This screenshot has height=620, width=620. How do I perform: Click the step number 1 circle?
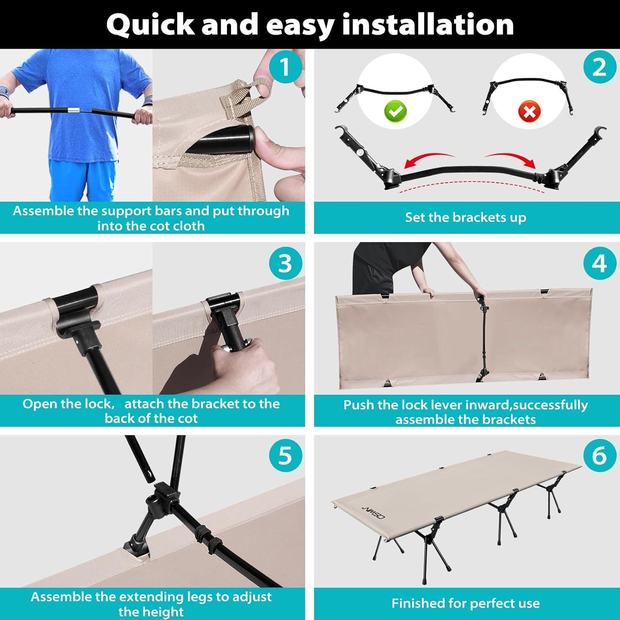(x=285, y=67)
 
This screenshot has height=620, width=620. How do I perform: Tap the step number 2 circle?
(x=599, y=67)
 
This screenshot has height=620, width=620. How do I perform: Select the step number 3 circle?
(x=285, y=263)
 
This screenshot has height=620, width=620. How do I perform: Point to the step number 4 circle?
(x=599, y=263)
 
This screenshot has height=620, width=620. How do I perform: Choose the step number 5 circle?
(x=285, y=455)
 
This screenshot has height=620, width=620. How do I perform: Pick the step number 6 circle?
(x=599, y=455)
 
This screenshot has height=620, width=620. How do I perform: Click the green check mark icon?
(x=396, y=111)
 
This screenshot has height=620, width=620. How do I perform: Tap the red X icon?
(x=529, y=112)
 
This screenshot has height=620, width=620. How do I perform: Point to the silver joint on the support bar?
(x=73, y=110)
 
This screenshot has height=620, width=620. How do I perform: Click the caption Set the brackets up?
(x=465, y=217)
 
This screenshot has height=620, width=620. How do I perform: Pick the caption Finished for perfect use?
(x=465, y=603)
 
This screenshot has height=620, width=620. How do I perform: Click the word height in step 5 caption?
(x=151, y=611)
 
